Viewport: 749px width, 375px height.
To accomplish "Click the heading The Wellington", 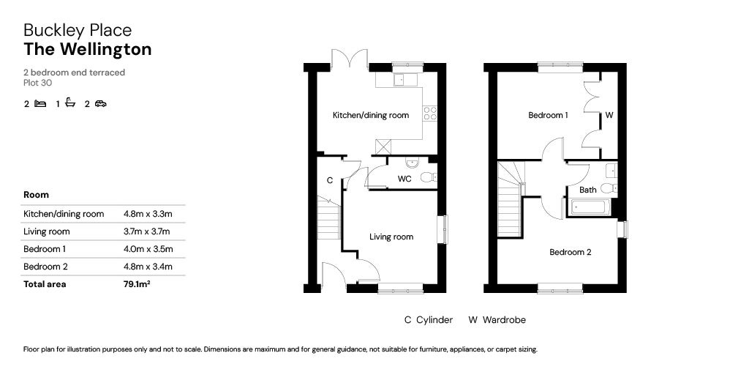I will pyautogui.click(x=88, y=50).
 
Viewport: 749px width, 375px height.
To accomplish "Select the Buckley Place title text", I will pyautogui.click(x=78, y=30).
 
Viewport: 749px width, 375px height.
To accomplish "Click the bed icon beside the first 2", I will pyautogui.click(x=40, y=104).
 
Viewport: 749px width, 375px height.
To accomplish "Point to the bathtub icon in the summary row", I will pyautogui.click(x=70, y=103).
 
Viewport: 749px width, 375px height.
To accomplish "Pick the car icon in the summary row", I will pyautogui.click(x=100, y=104).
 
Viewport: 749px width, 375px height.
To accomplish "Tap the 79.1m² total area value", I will pyautogui.click(x=137, y=284).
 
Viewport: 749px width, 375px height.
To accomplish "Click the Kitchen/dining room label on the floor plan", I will pyautogui.click(x=371, y=116).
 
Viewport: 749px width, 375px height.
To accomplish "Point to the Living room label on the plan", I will pyautogui.click(x=391, y=237).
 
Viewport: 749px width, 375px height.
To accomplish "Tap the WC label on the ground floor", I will pyautogui.click(x=404, y=179).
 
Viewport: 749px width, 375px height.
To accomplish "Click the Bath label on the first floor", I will pyautogui.click(x=587, y=190).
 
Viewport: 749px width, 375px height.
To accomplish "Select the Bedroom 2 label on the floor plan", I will pyautogui.click(x=571, y=253).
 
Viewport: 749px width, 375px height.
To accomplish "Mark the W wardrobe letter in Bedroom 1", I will pyautogui.click(x=609, y=116).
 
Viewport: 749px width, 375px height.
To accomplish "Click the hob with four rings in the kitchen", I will pyautogui.click(x=431, y=114).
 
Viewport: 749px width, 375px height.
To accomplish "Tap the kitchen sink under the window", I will pyautogui.click(x=403, y=80).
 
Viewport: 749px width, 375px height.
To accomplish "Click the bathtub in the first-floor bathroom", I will pyautogui.click(x=590, y=208).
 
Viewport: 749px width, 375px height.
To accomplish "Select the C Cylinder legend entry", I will pyautogui.click(x=429, y=320).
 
